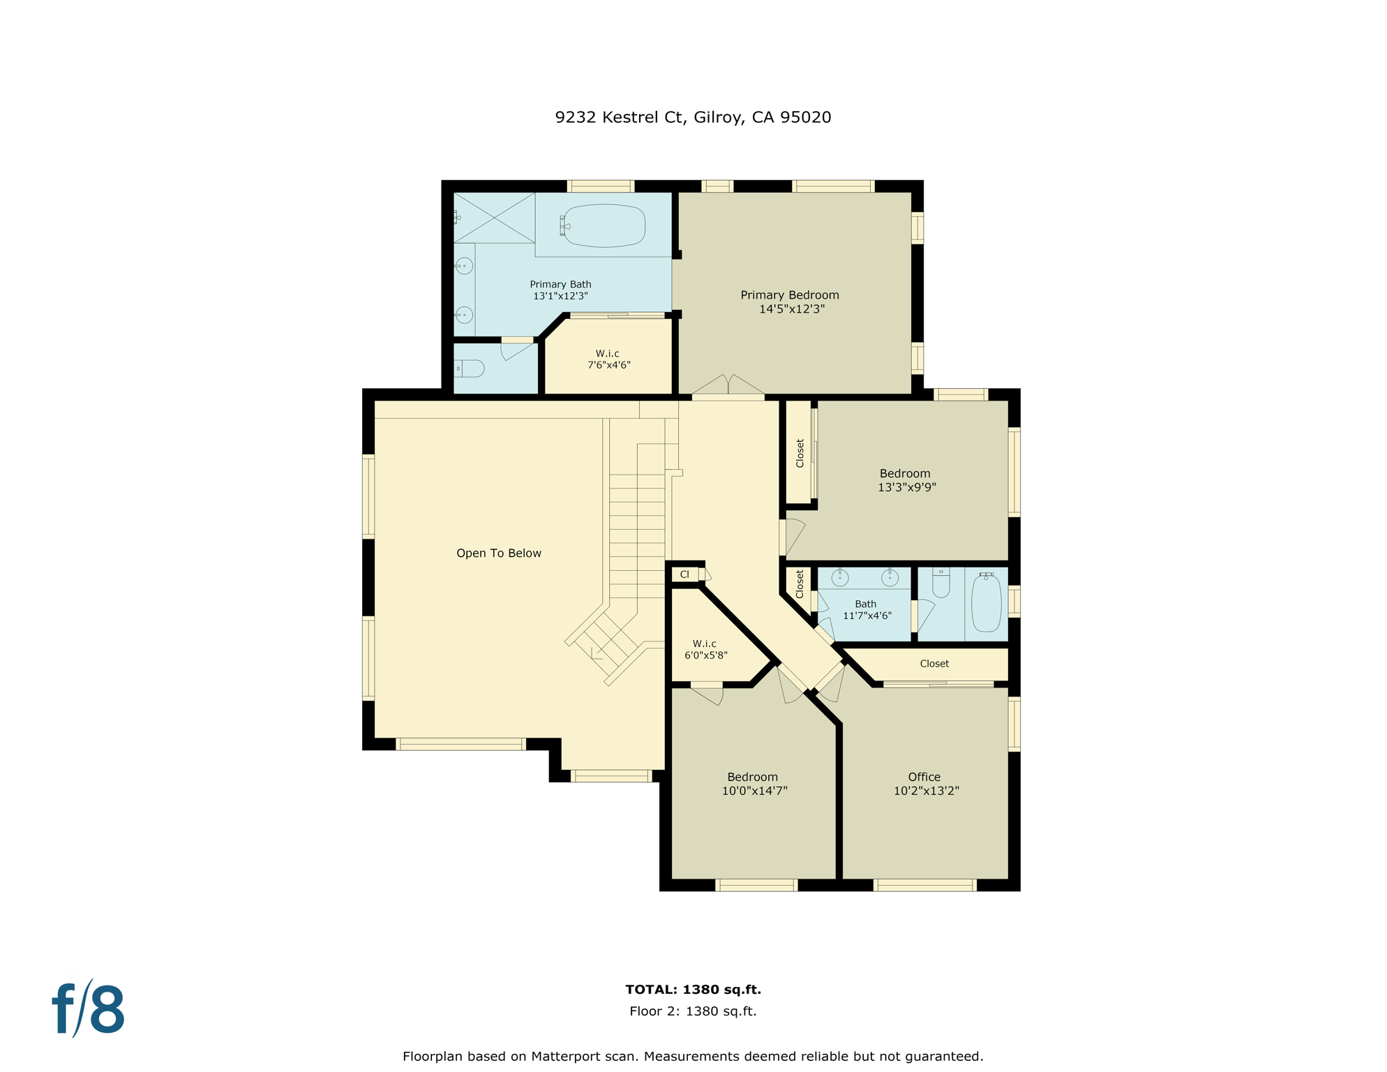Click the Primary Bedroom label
(790, 301)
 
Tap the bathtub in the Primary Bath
(604, 225)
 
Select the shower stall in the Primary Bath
(494, 218)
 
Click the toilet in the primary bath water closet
(471, 368)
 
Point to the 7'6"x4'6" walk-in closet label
(608, 359)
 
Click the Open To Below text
(499, 553)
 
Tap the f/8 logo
(89, 1009)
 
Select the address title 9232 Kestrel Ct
(693, 117)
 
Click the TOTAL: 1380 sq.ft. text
(693, 990)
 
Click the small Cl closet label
(684, 574)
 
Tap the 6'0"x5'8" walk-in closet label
(705, 649)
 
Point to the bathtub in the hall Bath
(987, 604)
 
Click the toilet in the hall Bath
(941, 585)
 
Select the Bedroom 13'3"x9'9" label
(906, 480)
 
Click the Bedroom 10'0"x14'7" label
(754, 784)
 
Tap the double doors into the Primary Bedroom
(728, 386)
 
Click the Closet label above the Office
(934, 664)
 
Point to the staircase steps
(636, 530)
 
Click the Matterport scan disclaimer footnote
(693, 1056)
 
